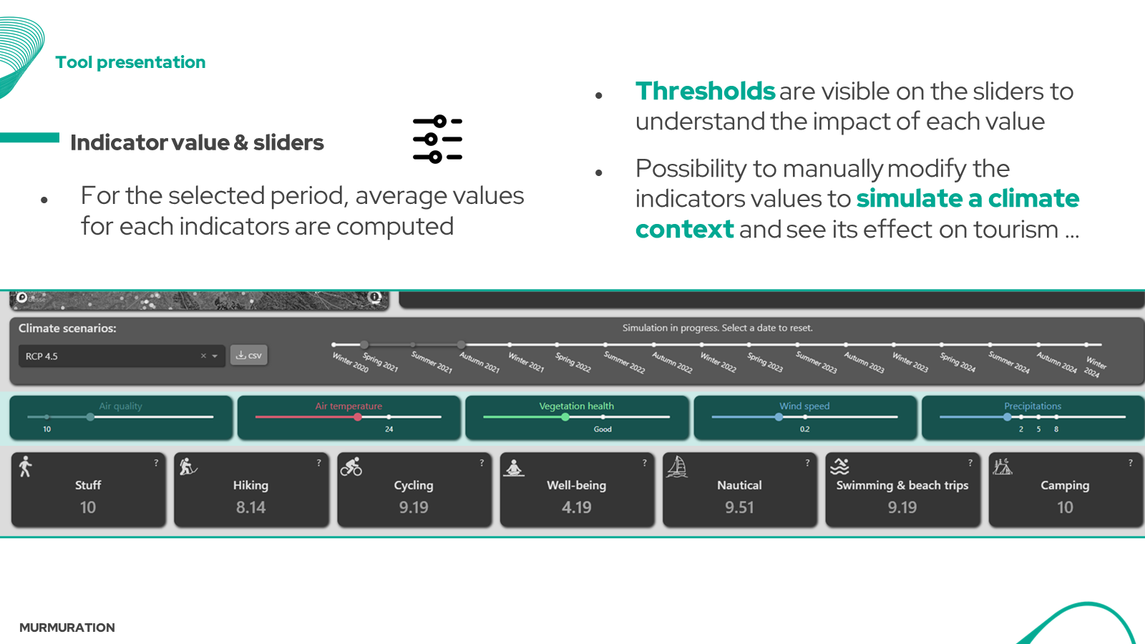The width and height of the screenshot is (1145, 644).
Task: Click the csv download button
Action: [249, 356]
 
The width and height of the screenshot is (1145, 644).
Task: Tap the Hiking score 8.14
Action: [250, 507]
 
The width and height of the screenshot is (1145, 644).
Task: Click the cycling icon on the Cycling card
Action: [351, 467]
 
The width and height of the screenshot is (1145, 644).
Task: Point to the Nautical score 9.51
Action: [739, 507]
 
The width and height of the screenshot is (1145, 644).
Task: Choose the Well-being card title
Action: [576, 485]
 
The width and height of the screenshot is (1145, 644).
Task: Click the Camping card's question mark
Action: [1131, 463]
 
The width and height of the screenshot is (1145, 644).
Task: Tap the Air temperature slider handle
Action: [358, 417]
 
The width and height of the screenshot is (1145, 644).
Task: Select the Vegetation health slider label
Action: [576, 406]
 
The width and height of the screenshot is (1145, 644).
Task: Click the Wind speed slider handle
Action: [779, 417]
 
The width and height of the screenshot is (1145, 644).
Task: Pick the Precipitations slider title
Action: [1033, 406]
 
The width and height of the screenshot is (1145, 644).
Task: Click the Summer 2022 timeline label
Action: [624, 362]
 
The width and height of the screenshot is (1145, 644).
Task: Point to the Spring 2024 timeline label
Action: [958, 362]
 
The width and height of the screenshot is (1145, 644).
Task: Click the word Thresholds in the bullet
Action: [705, 92]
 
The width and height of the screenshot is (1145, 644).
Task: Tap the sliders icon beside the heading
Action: [437, 140]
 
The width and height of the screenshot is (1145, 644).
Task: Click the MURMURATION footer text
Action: [67, 628]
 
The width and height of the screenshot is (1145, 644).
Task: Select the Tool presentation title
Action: [131, 62]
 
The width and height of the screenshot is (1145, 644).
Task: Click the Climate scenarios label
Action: [67, 328]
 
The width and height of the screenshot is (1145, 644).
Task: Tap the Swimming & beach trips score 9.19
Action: [902, 507]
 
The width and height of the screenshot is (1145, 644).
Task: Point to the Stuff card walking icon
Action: [26, 467]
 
